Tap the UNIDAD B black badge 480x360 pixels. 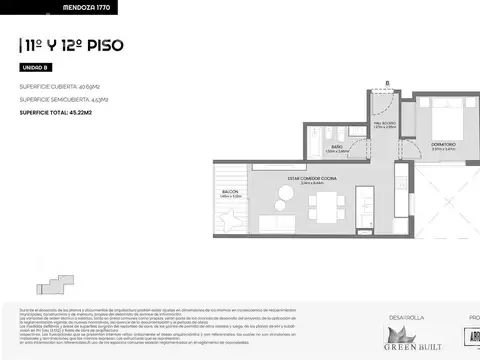(34, 67)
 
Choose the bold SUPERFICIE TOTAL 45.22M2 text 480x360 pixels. (63, 112)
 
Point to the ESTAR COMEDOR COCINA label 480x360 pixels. (313, 180)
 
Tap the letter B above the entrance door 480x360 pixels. (388, 83)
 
